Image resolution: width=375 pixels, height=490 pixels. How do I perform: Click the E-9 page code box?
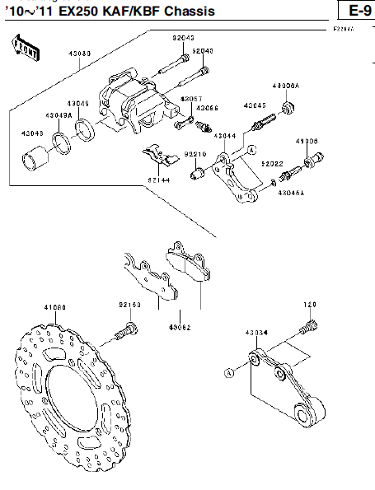[x=356, y=11]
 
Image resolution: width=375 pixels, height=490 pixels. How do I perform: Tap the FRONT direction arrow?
[x=26, y=49]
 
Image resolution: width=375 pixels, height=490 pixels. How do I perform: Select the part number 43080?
[x=80, y=54]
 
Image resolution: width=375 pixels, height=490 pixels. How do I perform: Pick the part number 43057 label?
[x=190, y=99]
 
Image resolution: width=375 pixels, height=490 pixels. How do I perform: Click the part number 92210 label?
[x=195, y=153]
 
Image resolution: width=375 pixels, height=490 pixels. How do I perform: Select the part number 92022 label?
[x=272, y=163]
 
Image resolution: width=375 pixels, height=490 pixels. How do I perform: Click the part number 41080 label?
[x=54, y=307]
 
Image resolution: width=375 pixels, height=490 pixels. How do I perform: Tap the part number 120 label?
[x=310, y=305]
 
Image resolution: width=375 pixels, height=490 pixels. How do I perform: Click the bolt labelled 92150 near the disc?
[x=128, y=331]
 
